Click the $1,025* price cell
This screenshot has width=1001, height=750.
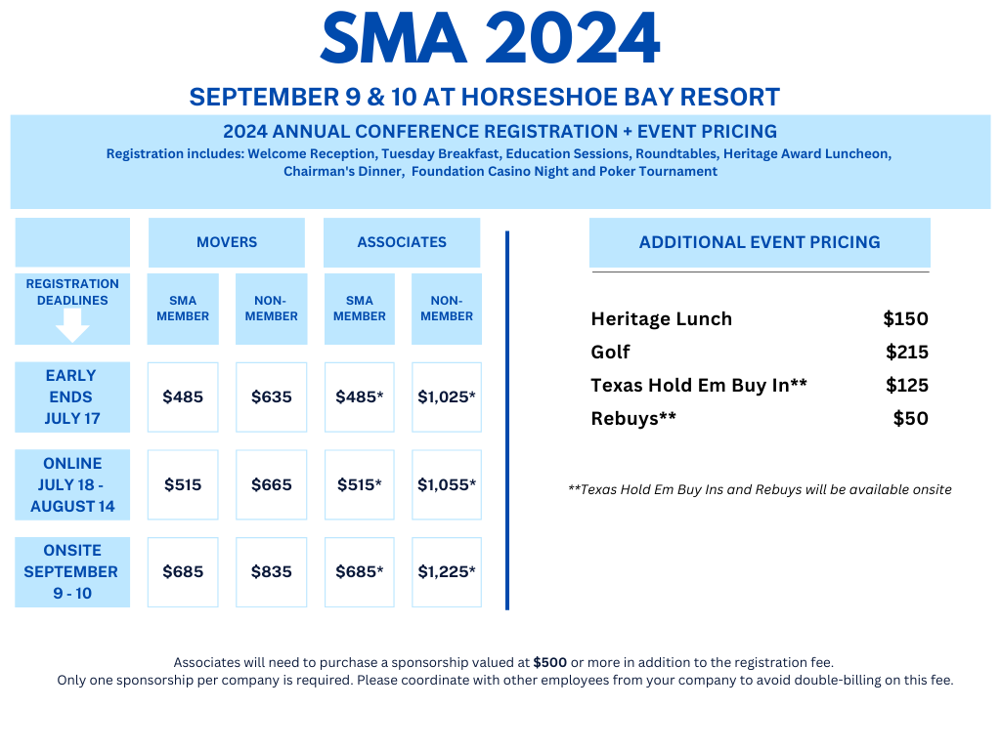point(447,396)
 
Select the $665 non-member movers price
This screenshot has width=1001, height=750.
point(272,484)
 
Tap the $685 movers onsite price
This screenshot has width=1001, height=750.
point(183,572)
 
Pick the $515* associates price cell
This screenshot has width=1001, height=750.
point(360,484)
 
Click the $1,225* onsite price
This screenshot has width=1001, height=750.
point(447,572)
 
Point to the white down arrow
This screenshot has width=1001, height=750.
point(72,325)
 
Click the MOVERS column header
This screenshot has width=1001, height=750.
point(227,242)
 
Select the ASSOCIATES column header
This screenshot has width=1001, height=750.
point(402,242)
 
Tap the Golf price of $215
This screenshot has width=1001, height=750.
point(906,352)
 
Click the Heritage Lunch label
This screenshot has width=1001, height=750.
point(662,319)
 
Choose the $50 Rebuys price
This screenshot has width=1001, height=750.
point(910,418)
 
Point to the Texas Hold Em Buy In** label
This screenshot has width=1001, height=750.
point(699,385)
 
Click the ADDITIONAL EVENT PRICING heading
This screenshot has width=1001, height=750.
point(760,242)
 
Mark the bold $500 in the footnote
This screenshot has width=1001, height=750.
point(550,663)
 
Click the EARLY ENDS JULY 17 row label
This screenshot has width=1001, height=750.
point(72,396)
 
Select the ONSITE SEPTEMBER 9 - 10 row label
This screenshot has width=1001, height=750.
point(72,572)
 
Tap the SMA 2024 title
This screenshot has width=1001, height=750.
point(490,38)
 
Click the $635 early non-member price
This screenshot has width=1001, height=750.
point(272,396)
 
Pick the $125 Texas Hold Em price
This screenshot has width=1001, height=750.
point(906,385)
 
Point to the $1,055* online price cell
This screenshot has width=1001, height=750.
point(447,484)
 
